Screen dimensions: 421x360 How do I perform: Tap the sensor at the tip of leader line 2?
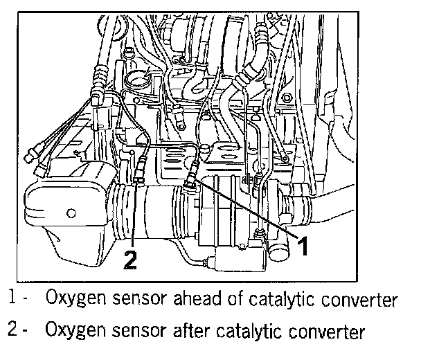point(140,169)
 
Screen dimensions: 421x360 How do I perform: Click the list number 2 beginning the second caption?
point(13,332)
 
